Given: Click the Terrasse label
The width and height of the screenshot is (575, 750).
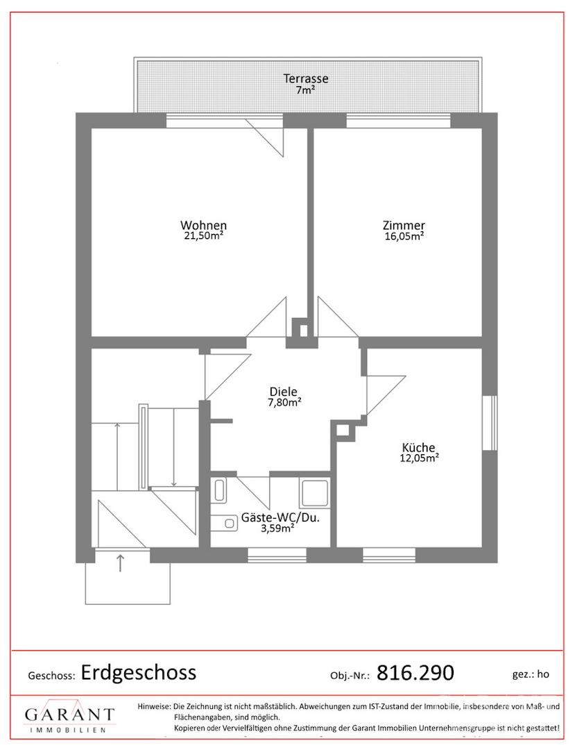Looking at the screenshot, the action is point(306,78).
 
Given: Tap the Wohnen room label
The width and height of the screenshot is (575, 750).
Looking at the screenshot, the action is point(203,225).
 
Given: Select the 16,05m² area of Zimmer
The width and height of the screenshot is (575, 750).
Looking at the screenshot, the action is point(404,236).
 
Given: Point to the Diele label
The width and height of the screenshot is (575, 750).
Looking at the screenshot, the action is point(283,392).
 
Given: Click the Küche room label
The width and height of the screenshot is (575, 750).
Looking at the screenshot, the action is point(418,448).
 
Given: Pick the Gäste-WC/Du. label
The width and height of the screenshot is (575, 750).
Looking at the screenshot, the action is point(280,517).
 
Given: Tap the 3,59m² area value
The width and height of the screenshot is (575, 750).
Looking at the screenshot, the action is point(277,528).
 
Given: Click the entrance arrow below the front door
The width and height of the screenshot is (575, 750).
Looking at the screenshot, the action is point(120,562).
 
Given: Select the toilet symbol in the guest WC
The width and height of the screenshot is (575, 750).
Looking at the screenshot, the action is point(225,524).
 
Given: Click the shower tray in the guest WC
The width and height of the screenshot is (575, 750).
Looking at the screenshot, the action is point(314,492).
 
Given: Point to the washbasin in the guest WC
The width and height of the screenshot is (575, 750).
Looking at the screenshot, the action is point(220,490).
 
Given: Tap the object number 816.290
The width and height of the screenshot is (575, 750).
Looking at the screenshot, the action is point(415,672).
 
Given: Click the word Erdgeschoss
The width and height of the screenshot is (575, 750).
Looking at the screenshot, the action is point(139,672).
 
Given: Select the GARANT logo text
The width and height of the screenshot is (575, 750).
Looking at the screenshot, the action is point(70,715).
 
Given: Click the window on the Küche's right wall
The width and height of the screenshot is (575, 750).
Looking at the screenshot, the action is point(490,423).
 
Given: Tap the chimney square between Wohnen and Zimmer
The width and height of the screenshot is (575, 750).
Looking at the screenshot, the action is point(302,330).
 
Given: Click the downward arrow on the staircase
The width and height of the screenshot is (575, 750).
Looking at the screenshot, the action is point(174,447).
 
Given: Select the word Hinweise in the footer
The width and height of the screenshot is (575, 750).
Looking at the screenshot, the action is point(154,706).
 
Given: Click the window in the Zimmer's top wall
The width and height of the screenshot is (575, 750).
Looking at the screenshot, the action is point(398,121).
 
